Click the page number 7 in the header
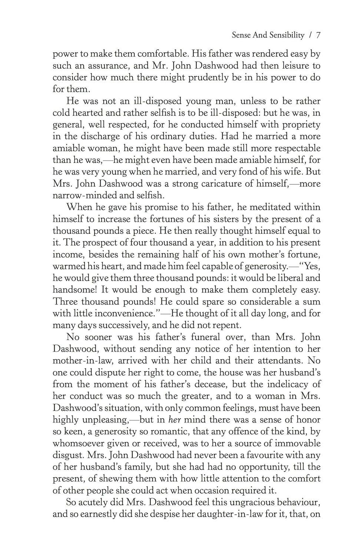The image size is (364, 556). click(x=318, y=35)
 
